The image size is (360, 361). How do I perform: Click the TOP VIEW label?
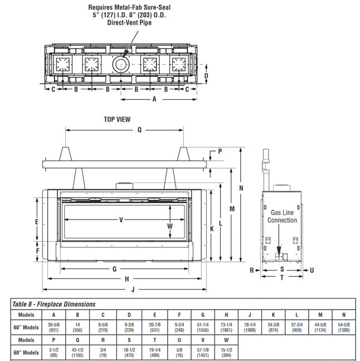pyautogui.click(x=117, y=119)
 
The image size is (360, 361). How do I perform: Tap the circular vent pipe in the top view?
pyautogui.click(x=120, y=65)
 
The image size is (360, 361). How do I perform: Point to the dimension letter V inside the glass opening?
pyautogui.click(x=121, y=219)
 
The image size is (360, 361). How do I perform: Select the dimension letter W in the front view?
pyautogui.click(x=171, y=226)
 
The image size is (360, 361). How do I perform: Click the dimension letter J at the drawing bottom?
pyautogui.click(x=133, y=289)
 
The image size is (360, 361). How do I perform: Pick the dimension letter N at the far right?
pyautogui.click(x=241, y=188)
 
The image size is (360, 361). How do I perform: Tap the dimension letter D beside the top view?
pyautogui.click(x=206, y=76)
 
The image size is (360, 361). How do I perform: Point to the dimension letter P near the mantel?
pyautogui.click(x=220, y=151)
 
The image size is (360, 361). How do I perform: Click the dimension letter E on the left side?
pyautogui.click(x=37, y=222)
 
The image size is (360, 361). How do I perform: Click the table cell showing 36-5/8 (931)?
pyautogui.click(x=53, y=326)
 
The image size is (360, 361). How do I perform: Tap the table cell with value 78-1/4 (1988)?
pyautogui.click(x=249, y=326)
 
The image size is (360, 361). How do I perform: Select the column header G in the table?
pyautogui.click(x=203, y=314)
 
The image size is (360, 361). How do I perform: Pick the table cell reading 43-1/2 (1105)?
pyautogui.click(x=78, y=353)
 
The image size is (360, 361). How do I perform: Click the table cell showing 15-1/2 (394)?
pyautogui.click(x=226, y=353)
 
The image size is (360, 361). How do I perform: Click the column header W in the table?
pyautogui.click(x=226, y=340)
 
